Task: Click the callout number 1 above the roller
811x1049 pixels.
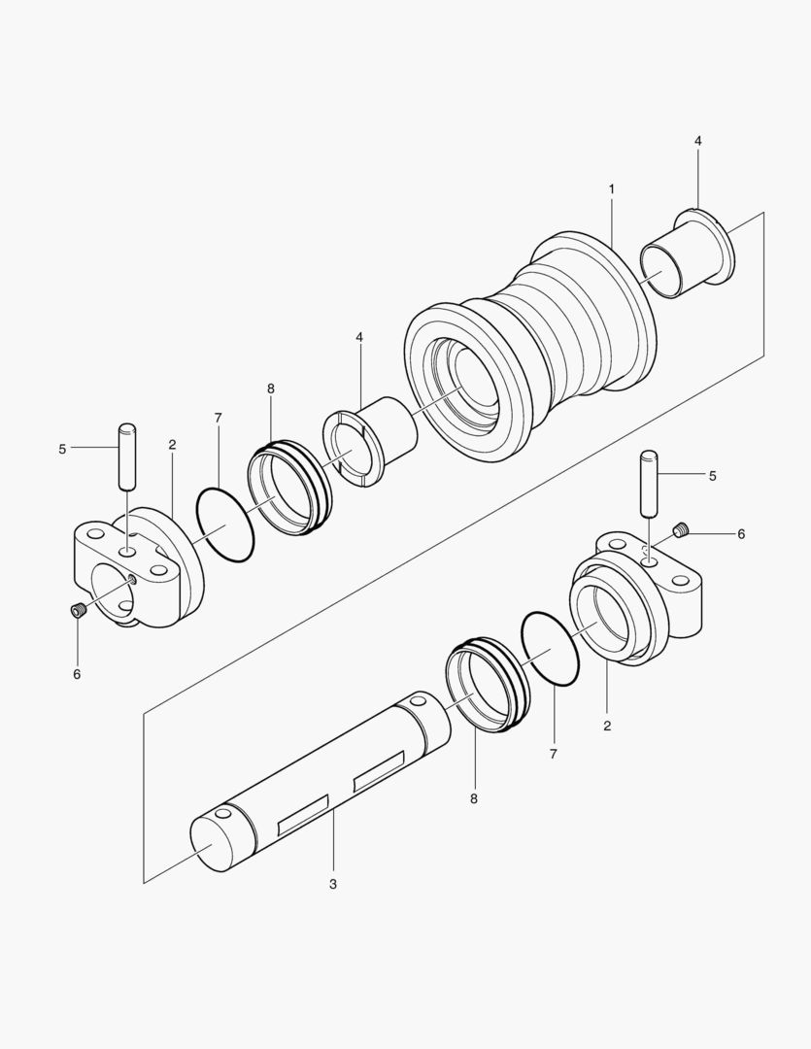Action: click(612, 187)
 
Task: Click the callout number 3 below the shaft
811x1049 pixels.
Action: click(333, 884)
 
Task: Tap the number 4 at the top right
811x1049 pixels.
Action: click(697, 141)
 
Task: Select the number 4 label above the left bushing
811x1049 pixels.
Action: click(359, 337)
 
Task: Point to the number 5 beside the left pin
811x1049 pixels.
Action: click(62, 449)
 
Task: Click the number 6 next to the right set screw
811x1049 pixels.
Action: click(741, 534)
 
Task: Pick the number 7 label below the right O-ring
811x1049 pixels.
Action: click(553, 753)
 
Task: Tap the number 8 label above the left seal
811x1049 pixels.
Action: click(270, 389)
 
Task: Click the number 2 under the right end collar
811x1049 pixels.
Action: click(607, 725)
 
